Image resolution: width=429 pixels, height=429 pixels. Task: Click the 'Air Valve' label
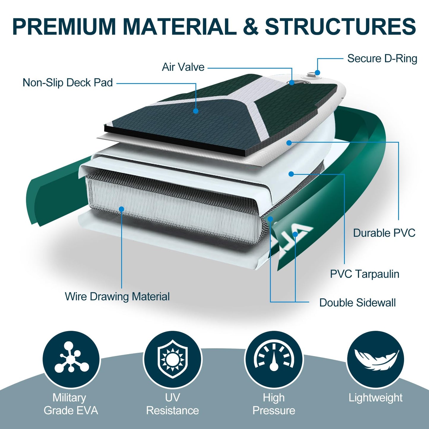[183, 67]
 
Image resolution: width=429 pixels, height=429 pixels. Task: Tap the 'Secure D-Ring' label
[382, 59]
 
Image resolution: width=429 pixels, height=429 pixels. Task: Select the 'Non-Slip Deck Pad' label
[68, 83]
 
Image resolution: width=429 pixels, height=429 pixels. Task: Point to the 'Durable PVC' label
[384, 233]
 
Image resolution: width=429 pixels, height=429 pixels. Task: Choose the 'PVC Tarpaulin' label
[365, 274]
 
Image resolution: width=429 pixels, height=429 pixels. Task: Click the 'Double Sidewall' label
[357, 303]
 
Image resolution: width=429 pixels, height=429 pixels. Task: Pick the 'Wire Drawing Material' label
[117, 297]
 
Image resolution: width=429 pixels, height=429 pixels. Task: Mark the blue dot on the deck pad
[196, 111]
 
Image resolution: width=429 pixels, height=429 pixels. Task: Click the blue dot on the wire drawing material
[121, 209]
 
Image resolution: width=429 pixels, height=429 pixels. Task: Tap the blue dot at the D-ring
[318, 72]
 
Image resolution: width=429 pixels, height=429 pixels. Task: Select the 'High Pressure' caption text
[274, 404]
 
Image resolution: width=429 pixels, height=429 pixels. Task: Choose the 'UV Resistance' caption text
[172, 404]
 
